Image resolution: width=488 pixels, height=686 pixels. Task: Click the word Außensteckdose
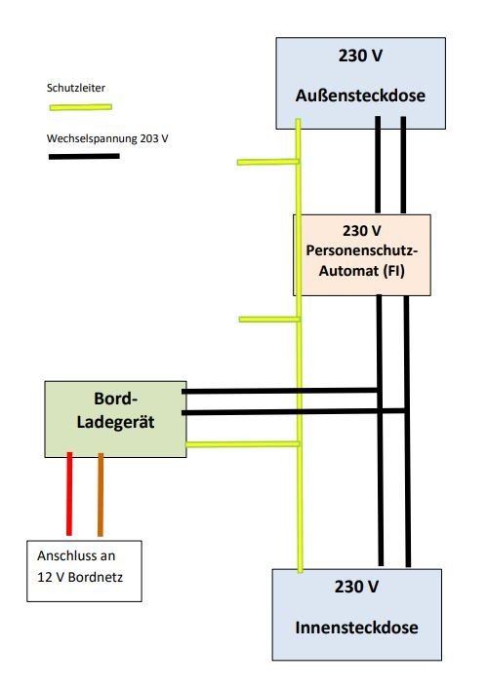[360, 95]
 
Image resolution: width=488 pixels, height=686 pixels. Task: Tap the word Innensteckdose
[356, 628]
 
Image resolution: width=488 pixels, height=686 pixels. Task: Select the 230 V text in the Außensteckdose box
[360, 56]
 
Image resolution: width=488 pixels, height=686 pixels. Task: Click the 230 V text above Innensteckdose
[356, 587]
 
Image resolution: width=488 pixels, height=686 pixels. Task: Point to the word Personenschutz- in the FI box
[362, 250]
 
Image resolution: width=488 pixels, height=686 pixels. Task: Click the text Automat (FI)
[362, 270]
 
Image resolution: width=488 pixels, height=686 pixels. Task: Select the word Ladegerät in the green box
[115, 422]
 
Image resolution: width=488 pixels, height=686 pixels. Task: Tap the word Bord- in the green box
[115, 399]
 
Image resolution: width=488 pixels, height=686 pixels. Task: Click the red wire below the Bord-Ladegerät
[69, 494]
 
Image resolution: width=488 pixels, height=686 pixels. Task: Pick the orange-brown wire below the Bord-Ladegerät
[101, 494]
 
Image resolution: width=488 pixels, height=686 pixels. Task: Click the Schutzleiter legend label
[76, 88]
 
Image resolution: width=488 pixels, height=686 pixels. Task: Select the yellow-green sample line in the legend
[81, 107]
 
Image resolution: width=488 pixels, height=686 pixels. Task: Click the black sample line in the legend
[84, 156]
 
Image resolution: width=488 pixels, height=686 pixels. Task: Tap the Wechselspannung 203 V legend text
[107, 138]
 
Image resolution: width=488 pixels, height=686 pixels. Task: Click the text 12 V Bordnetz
[80, 577]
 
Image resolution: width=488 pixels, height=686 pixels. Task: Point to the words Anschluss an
[76, 555]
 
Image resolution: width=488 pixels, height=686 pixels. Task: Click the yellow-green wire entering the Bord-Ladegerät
[243, 444]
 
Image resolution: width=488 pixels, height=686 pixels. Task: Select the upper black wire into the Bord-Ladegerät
[280, 391]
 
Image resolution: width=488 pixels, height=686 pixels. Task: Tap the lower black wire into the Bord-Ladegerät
[294, 411]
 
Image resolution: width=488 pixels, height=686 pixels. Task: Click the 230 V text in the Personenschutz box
[362, 231]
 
